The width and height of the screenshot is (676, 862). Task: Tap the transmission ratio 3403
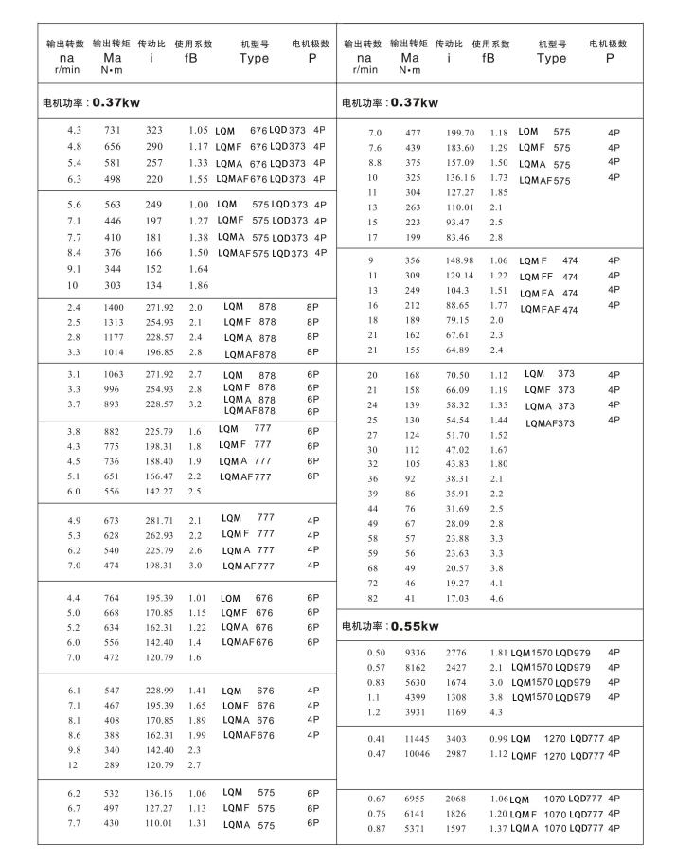[456, 738]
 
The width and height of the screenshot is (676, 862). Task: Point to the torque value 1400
[114, 308]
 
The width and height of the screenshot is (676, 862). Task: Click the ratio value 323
[154, 130]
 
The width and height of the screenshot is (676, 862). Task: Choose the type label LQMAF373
[550, 422]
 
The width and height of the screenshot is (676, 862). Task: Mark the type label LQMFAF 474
[549, 309]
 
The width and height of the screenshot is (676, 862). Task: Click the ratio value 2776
[456, 653]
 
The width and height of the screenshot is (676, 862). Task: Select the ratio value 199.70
[460, 134]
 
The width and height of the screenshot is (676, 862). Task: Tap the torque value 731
[113, 130]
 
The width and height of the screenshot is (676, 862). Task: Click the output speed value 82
[372, 598]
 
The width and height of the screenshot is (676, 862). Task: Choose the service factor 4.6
[496, 598]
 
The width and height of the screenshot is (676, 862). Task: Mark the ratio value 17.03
[458, 598]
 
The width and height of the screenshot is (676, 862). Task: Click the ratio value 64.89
[458, 350]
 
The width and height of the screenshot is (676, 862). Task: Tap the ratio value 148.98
[459, 260]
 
